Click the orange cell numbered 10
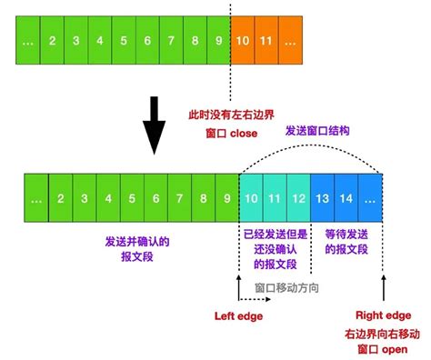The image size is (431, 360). (x=243, y=40)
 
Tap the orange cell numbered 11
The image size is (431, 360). (x=266, y=40)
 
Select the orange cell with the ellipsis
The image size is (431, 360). (x=290, y=40)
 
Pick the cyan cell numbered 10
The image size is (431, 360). (x=251, y=196)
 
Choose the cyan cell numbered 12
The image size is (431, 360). (x=298, y=196)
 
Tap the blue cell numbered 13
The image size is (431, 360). (x=322, y=196)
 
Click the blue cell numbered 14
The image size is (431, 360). (x=346, y=196)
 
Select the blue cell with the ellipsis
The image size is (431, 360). (x=370, y=196)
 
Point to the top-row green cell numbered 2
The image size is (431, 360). (x=53, y=40)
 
